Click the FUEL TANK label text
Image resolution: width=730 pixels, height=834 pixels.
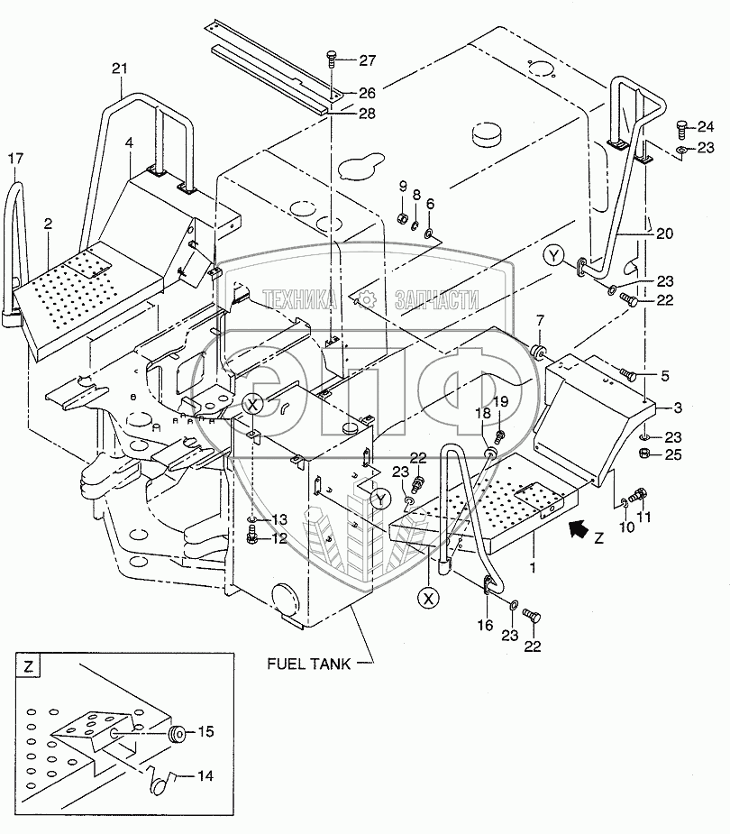click(308, 664)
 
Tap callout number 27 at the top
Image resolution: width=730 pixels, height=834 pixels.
click(367, 60)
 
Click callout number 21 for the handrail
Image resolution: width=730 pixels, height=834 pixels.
click(120, 69)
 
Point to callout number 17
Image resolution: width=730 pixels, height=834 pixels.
click(16, 158)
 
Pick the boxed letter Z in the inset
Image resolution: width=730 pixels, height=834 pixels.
click(28, 666)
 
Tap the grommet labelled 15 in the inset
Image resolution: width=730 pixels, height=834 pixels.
click(176, 736)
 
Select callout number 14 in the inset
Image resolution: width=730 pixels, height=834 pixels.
click(205, 776)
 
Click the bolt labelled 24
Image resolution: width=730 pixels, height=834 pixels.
click(681, 129)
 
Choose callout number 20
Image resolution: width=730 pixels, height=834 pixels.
click(664, 234)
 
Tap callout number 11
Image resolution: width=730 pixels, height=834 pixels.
click(643, 517)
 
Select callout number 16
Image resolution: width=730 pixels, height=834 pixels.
click(485, 625)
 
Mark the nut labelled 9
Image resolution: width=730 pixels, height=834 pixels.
click(403, 218)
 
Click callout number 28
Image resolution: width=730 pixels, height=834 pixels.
click(367, 114)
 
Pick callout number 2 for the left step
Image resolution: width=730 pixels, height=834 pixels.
click(49, 224)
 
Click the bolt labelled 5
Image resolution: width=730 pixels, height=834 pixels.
click(628, 376)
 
